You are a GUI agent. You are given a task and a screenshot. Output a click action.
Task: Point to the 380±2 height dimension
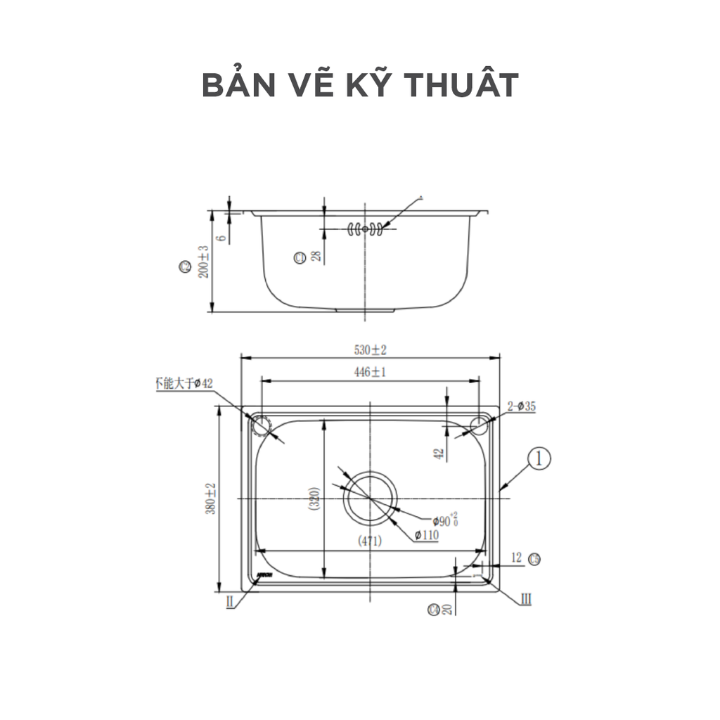point(210,499)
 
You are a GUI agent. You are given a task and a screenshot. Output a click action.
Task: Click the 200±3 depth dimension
point(203,262)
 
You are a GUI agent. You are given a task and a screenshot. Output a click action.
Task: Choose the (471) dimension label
point(370,541)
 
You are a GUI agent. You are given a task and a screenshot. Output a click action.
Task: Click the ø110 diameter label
point(426,536)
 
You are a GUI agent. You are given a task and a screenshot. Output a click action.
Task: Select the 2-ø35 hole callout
point(521,406)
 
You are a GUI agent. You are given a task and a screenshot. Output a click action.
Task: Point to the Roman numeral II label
point(230,601)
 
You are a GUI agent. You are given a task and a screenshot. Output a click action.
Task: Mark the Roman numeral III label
point(525,599)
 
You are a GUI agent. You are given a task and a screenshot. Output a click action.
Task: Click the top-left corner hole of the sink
point(260,425)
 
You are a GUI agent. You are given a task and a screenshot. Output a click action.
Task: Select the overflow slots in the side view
point(365,229)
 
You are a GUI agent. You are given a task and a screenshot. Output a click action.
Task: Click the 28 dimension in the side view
point(316,257)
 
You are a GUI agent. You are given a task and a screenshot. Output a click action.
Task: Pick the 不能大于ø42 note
point(183,383)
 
